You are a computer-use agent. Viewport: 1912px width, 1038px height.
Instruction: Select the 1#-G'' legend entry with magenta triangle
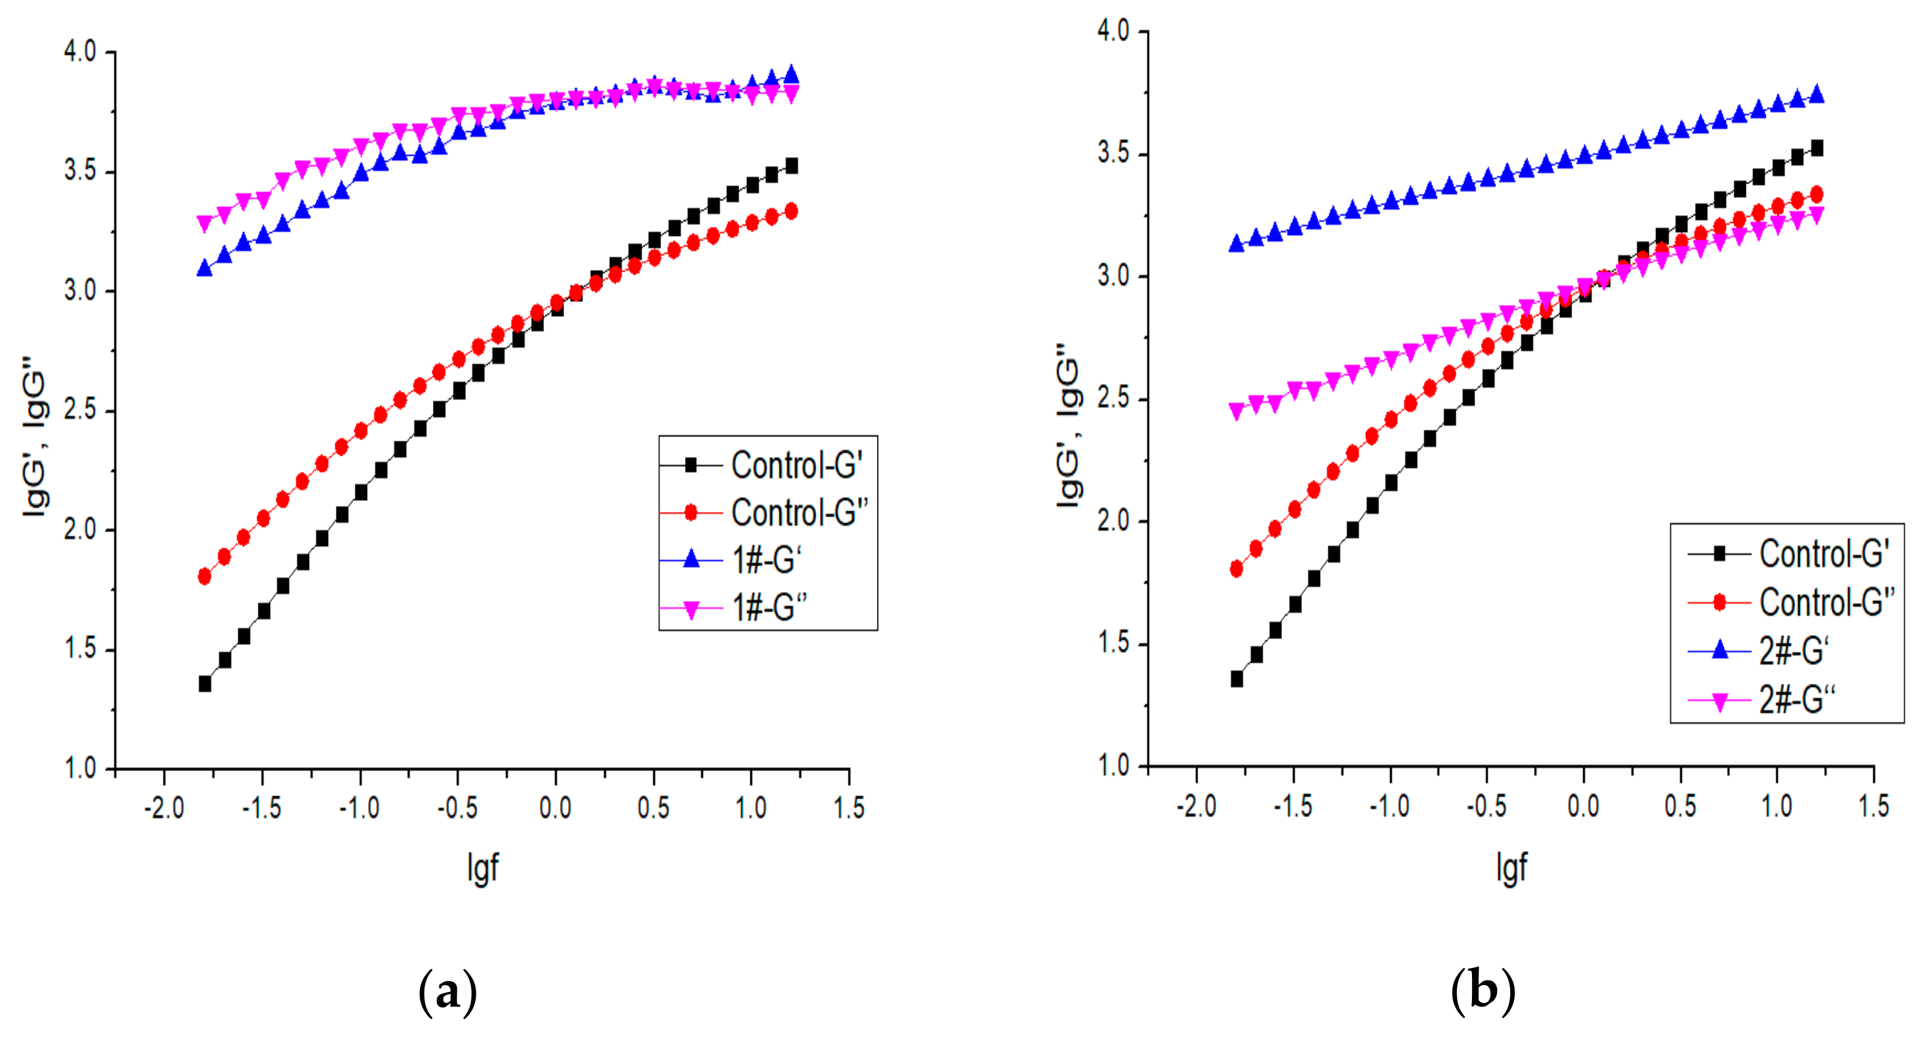[769, 608]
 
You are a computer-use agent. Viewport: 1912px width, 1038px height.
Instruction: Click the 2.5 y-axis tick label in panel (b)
[1113, 399]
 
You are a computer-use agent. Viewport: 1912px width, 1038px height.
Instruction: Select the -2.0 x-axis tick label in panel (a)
[163, 808]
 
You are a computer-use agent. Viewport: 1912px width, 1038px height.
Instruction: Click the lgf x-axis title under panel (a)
[483, 867]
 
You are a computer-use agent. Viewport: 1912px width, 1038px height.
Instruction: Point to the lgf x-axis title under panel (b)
[1511, 867]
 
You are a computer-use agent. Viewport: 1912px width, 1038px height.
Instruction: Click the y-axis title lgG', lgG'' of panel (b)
[1069, 427]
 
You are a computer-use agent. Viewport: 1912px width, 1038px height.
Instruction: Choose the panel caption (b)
[1482, 990]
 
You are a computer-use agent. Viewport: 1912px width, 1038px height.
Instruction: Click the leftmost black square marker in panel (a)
[205, 684]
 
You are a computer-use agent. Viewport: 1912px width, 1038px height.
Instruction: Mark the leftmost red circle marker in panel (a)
[205, 576]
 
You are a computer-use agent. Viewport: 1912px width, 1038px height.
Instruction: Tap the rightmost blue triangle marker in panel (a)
[791, 74]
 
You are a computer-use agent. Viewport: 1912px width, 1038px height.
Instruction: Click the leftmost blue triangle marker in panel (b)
[1237, 244]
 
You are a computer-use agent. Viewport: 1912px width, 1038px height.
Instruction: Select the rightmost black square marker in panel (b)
[1817, 149]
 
